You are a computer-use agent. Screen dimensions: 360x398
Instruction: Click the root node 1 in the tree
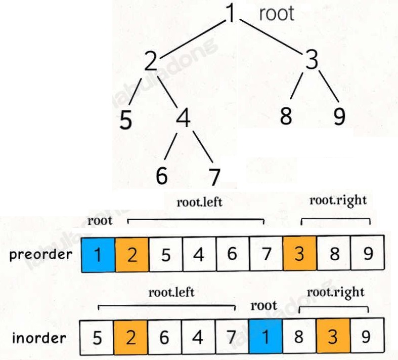[x=230, y=14]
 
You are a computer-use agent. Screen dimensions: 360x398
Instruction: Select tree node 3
[x=312, y=61]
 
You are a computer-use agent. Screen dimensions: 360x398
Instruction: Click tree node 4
[x=184, y=119]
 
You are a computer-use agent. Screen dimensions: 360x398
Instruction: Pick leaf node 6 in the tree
[x=162, y=176]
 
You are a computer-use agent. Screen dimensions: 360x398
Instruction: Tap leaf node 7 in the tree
[x=214, y=177]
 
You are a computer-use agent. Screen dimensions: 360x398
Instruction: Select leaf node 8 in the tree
[x=286, y=116]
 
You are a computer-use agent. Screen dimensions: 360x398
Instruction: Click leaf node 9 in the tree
[x=339, y=116]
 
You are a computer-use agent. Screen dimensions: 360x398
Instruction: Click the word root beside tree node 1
[x=276, y=14]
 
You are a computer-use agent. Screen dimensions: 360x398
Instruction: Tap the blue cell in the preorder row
[x=98, y=254]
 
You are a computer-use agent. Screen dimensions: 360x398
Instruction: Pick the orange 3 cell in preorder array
[x=299, y=254]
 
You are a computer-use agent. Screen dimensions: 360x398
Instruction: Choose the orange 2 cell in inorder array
[x=131, y=337]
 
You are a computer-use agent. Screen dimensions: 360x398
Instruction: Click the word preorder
[x=40, y=254]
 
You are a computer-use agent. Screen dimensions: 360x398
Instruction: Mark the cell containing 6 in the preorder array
[x=232, y=254]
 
